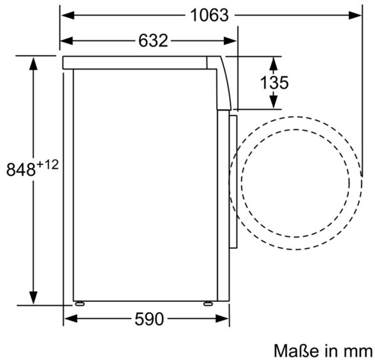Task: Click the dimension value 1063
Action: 209,16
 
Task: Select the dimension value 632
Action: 153,41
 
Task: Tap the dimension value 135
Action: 274,82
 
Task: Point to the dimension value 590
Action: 149,319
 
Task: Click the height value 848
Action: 21,170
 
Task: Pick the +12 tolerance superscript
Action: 47,165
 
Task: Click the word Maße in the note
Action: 296,351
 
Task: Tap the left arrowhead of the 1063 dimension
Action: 68,15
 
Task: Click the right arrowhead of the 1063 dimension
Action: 355,15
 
